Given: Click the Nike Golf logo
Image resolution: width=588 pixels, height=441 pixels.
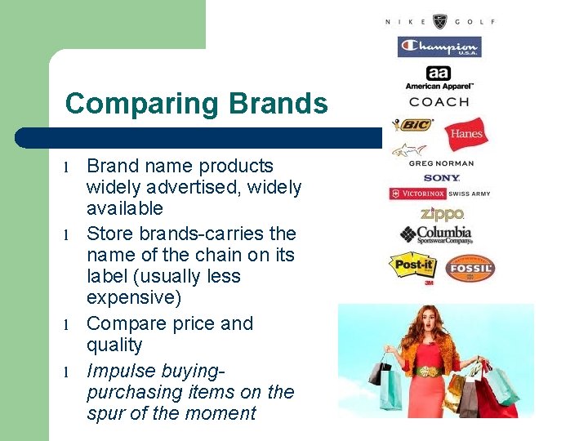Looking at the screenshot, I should point(440,21).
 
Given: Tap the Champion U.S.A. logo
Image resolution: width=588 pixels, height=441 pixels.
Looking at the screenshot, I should point(439,47).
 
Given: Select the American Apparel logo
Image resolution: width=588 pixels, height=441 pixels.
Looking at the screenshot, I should point(439,78).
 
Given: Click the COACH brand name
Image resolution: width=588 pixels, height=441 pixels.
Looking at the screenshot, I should point(439,102).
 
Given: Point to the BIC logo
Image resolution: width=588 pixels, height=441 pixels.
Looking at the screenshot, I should point(413,125).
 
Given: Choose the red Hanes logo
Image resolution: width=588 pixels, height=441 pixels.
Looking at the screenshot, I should point(466,134).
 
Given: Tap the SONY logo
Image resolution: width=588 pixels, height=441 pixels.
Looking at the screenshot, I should point(442,177).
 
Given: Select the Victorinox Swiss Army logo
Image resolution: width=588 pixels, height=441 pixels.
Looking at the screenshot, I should point(440,194).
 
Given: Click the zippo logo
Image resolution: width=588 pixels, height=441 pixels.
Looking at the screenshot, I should point(442,214).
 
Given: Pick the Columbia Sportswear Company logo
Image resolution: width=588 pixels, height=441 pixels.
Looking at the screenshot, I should point(436,234).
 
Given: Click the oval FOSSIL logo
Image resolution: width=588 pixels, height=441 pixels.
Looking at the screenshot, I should point(470,268).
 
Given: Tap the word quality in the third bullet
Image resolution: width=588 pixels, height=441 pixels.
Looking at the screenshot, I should point(114,345).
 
